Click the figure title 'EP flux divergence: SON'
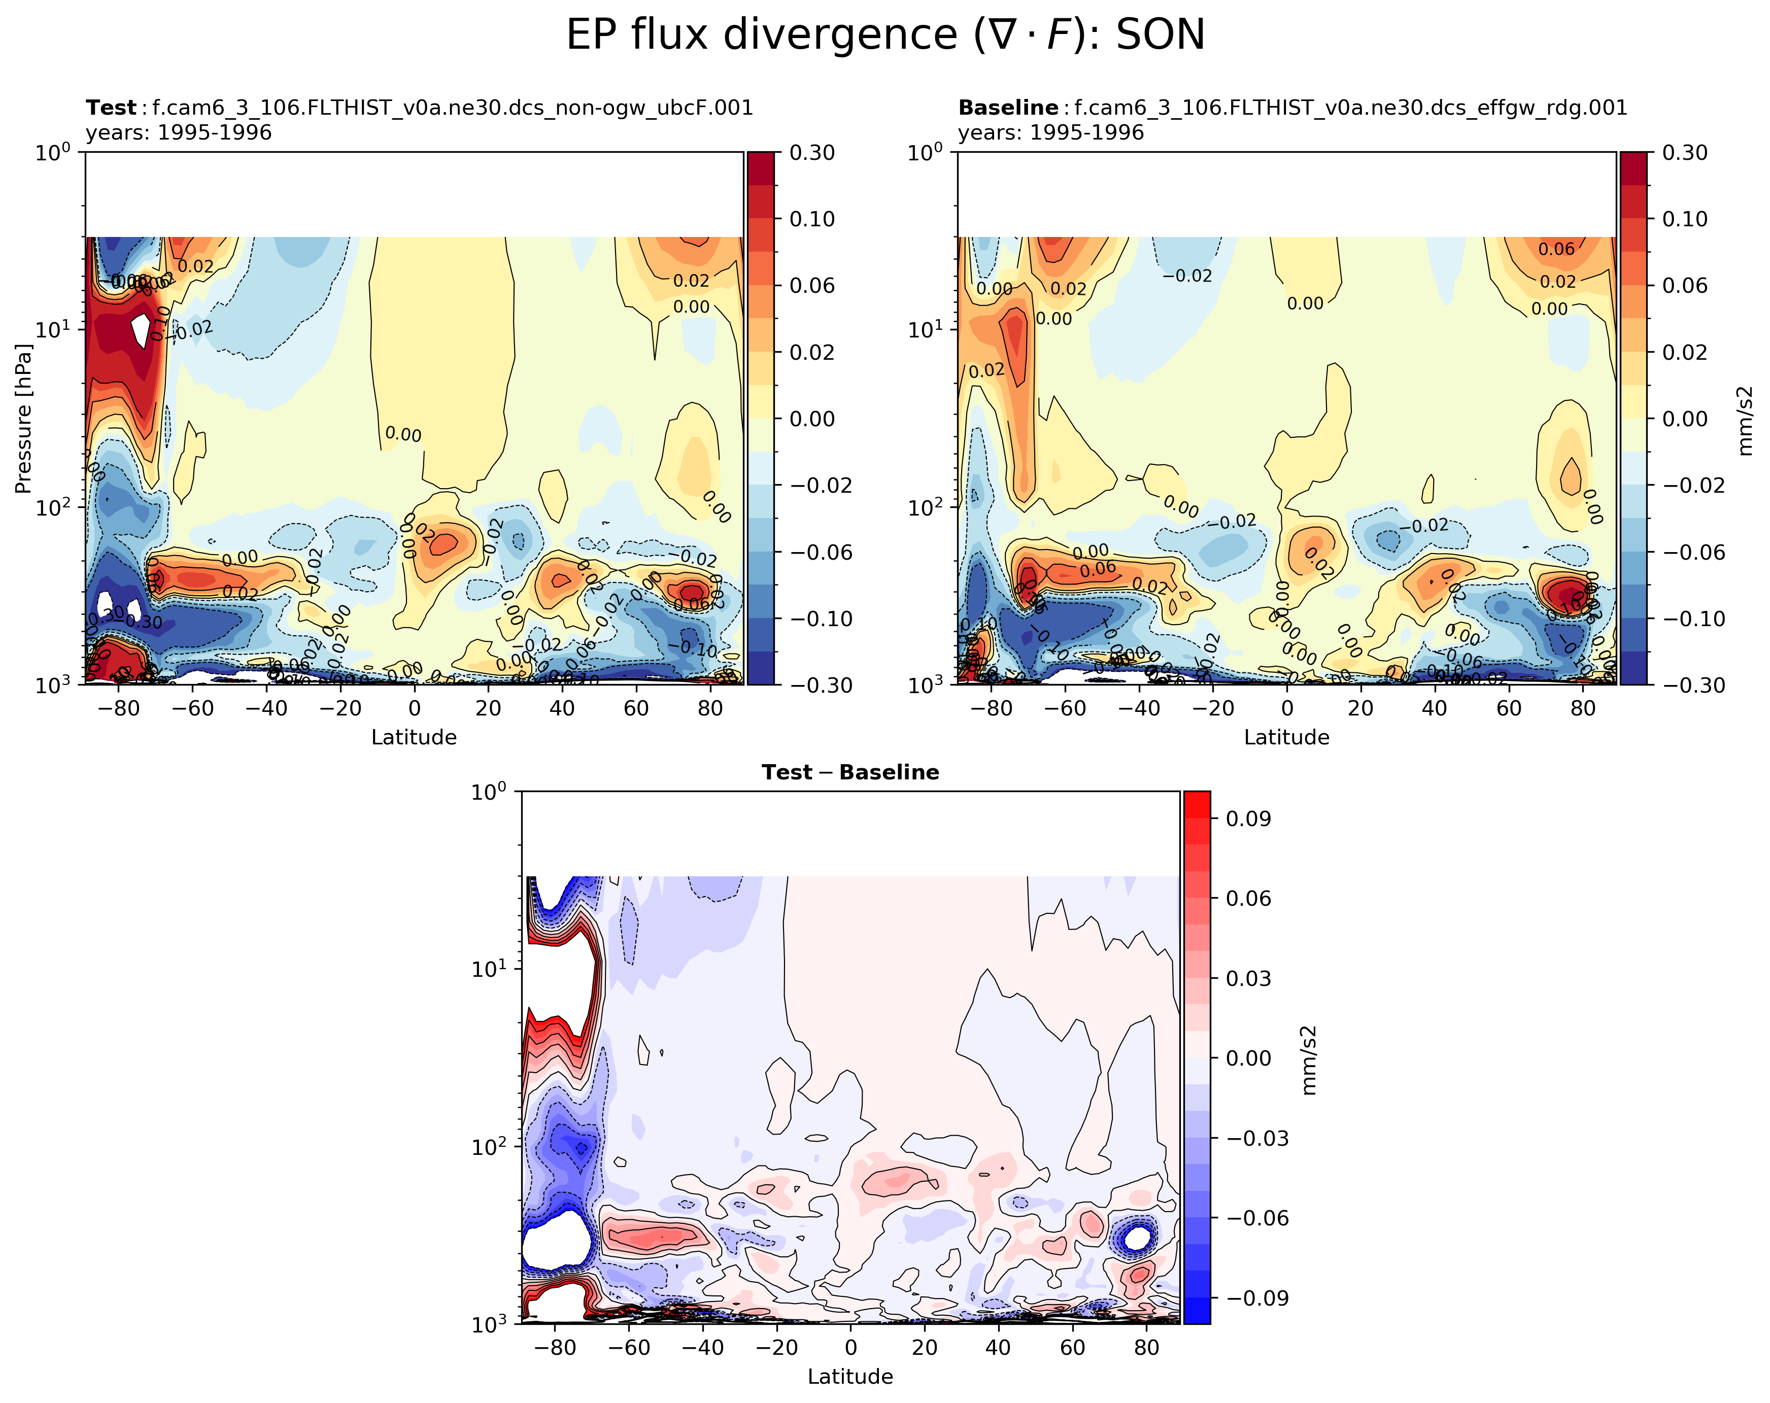[x=885, y=36]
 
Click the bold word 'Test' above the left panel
[x=111, y=109]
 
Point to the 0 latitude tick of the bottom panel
[x=850, y=1347]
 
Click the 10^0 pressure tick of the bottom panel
[x=495, y=792]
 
